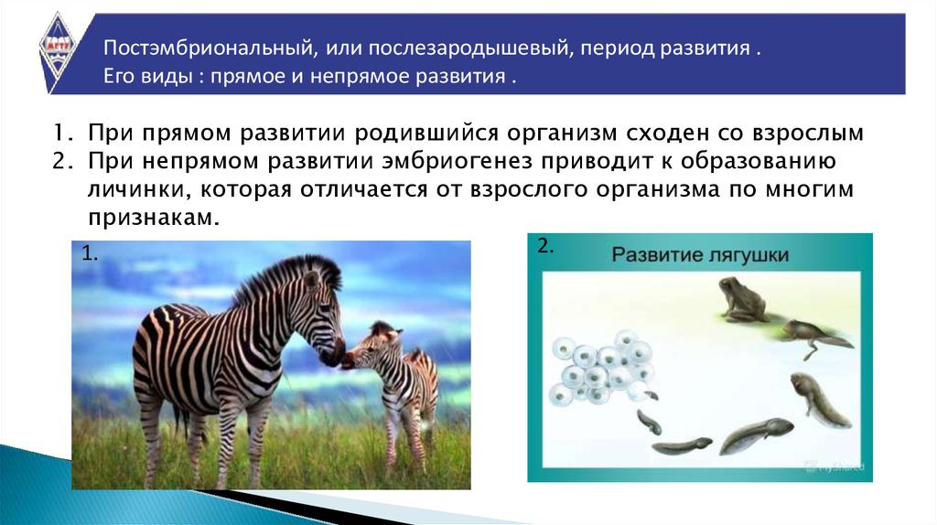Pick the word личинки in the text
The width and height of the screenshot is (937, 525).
coord(139,189)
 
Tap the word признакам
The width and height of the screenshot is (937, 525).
coord(154,219)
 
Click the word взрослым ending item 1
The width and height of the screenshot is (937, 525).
coord(808,134)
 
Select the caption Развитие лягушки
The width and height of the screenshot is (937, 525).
coord(700,255)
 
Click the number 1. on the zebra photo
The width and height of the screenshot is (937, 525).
coord(90,254)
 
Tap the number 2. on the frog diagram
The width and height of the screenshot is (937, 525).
coord(545,245)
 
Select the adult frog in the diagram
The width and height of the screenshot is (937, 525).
coord(741,299)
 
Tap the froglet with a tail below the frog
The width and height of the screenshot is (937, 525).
coord(815,337)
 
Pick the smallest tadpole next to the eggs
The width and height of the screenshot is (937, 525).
coord(651,395)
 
